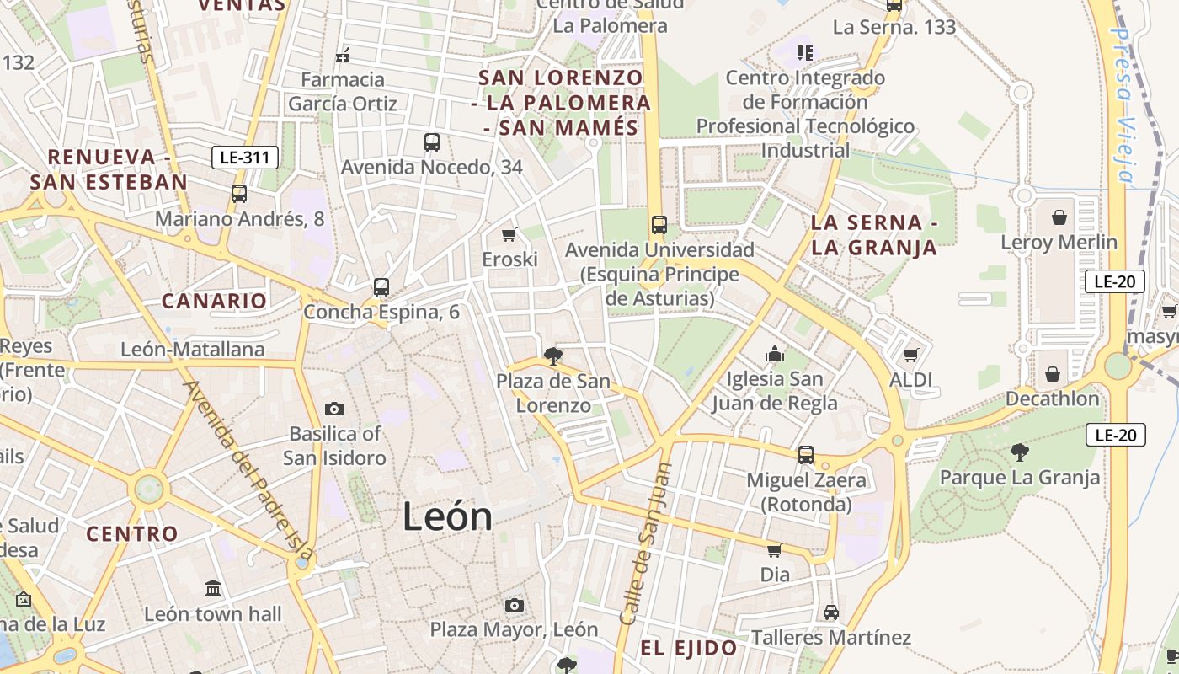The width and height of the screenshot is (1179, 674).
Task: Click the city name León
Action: pyautogui.click(x=447, y=516)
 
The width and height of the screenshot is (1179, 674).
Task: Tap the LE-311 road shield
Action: pyautogui.click(x=244, y=157)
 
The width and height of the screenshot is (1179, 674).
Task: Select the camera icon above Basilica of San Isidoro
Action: pyautogui.click(x=334, y=409)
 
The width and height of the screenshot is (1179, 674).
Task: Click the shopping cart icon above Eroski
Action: pyautogui.click(x=509, y=234)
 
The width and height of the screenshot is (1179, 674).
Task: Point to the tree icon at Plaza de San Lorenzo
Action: pyautogui.click(x=553, y=356)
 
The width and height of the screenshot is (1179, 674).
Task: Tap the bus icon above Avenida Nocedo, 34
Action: pyautogui.click(x=432, y=142)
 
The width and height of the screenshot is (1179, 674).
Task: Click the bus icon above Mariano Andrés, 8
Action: pyautogui.click(x=239, y=193)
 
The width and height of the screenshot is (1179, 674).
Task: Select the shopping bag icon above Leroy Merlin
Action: pyautogui.click(x=1059, y=217)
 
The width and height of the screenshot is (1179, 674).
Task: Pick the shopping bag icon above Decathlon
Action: pyautogui.click(x=1053, y=373)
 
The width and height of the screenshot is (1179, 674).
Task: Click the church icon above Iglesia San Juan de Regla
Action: pyautogui.click(x=775, y=355)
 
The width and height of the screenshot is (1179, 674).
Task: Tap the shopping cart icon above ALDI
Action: pyautogui.click(x=910, y=356)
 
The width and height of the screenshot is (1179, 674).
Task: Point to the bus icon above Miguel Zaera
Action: pyautogui.click(x=806, y=455)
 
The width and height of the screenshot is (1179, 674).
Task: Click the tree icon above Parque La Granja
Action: pyautogui.click(x=1019, y=452)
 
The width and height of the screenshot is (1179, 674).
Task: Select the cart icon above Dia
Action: pyautogui.click(x=774, y=550)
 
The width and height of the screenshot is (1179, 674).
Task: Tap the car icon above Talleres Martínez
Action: pyautogui.click(x=831, y=612)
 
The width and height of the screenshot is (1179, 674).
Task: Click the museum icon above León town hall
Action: pyautogui.click(x=213, y=588)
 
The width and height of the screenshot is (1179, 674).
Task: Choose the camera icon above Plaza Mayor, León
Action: pyautogui.click(x=514, y=605)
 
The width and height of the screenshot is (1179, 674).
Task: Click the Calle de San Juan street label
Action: pyautogui.click(x=645, y=543)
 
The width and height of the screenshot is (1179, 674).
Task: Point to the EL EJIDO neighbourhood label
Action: pyautogui.click(x=689, y=648)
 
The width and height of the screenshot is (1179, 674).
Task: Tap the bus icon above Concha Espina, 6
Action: pyautogui.click(x=381, y=286)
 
